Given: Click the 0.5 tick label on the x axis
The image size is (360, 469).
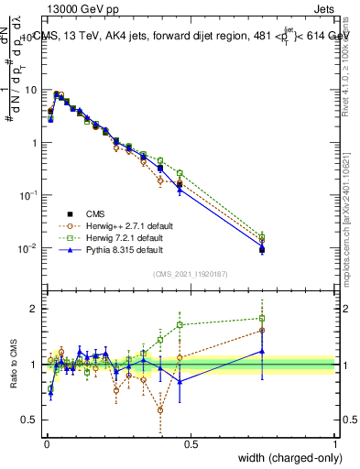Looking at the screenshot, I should (x=191, y=443).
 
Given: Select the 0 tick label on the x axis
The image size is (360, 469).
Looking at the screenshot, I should (x=47, y=443).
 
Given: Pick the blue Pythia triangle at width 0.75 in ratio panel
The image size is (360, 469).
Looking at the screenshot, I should (x=262, y=351).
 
